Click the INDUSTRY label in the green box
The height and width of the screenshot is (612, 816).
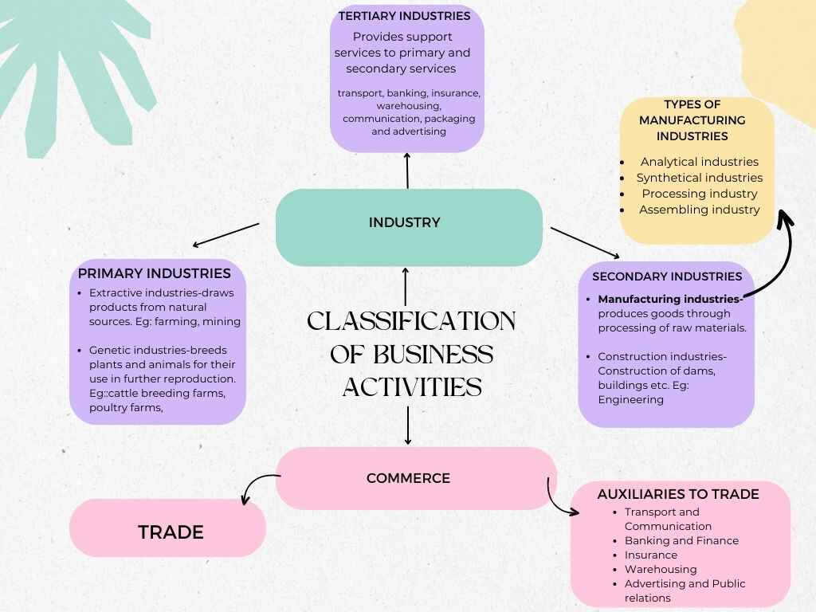click(x=404, y=222)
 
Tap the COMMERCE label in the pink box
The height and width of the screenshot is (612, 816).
click(x=408, y=478)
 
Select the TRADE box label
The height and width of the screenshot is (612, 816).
click(x=171, y=532)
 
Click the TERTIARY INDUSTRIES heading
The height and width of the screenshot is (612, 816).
click(x=404, y=16)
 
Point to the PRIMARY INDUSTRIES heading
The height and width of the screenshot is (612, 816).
click(x=154, y=273)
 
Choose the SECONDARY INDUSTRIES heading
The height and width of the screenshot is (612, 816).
click(x=666, y=277)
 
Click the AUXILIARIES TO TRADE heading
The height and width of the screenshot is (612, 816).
click(x=677, y=494)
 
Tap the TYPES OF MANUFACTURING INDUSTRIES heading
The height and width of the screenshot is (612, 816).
click(x=692, y=120)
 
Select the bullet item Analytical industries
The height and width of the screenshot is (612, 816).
click(x=699, y=162)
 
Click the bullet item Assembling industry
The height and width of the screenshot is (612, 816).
click(x=699, y=210)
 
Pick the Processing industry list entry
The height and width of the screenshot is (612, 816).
click(x=699, y=194)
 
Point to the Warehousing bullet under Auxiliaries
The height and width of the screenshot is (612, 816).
click(x=660, y=569)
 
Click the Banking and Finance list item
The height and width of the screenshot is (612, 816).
click(x=681, y=540)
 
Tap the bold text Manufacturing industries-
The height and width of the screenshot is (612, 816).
click(x=670, y=300)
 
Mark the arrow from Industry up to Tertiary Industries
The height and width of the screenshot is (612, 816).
click(x=407, y=170)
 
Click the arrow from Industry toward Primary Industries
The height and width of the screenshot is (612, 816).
click(x=226, y=235)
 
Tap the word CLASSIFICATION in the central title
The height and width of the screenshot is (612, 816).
click(x=411, y=321)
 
